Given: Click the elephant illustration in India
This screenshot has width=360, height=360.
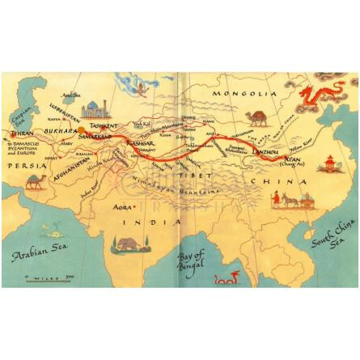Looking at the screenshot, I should click(x=129, y=244).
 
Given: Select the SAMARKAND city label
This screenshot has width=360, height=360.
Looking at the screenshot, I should click(x=94, y=137).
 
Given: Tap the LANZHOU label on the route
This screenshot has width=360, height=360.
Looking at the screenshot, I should click(x=266, y=150).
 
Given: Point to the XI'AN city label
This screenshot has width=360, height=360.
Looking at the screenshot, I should click(x=292, y=159).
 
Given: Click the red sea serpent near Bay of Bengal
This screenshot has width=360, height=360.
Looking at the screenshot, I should click(x=226, y=279).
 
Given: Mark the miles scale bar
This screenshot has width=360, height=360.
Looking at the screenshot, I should click(x=49, y=277).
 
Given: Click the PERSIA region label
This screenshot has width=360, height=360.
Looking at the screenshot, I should click(x=28, y=164).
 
